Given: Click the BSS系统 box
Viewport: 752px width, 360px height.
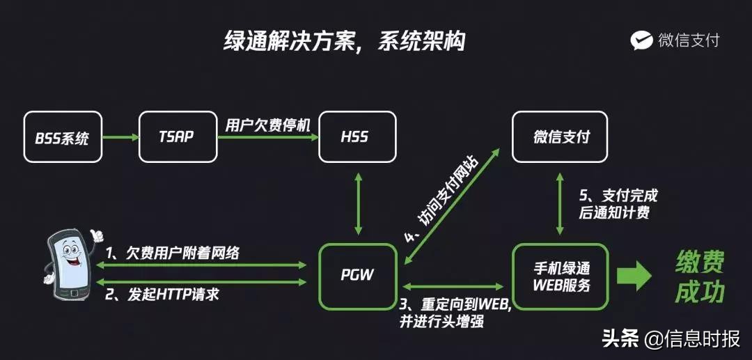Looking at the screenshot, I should point(62,137).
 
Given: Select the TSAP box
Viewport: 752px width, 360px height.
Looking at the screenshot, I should point(178,137).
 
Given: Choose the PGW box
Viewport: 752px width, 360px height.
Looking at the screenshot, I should point(357,275).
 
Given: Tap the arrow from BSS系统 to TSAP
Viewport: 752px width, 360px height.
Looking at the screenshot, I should point(120,137).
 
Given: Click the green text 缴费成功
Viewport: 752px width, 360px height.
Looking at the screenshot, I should point(700,277).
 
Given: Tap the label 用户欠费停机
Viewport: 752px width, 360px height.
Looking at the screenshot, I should point(267,125).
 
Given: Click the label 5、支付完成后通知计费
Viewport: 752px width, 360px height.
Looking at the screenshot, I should point(618,203).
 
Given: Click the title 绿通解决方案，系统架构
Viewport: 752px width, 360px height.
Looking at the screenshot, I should point(344,41).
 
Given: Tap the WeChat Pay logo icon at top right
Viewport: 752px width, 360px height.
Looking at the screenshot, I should point(641,40).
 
